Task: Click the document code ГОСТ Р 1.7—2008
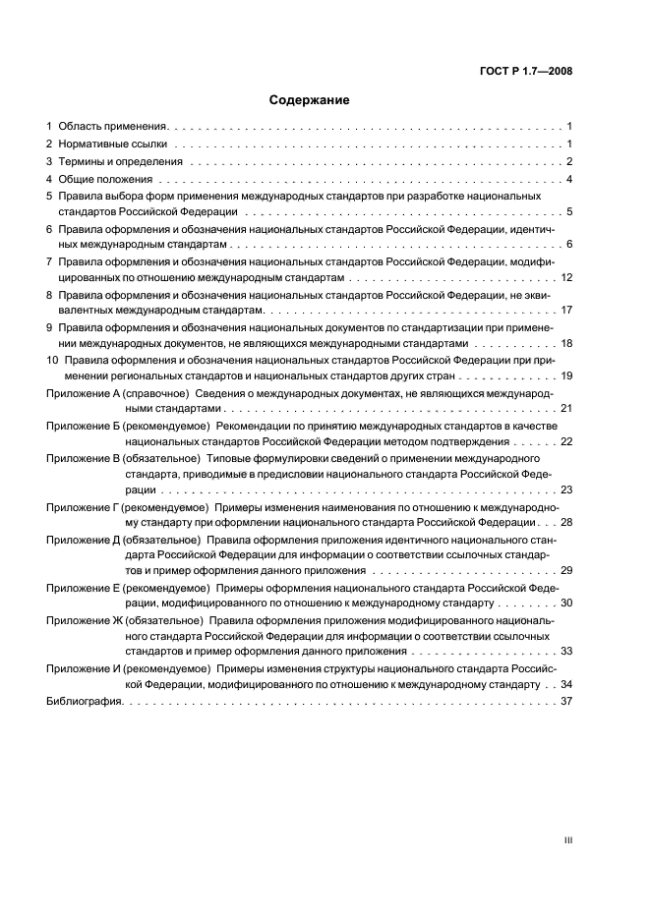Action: click(527, 71)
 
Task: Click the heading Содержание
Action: click(310, 99)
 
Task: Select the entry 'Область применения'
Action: click(113, 128)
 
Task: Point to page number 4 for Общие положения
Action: click(568, 179)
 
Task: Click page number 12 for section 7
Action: click(566, 277)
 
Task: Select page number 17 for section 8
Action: click(566, 311)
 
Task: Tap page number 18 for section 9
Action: click(566, 344)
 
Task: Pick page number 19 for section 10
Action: click(566, 376)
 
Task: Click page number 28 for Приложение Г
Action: click(566, 521)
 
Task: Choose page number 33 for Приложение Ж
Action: click(566, 652)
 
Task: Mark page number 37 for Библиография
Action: click(566, 702)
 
